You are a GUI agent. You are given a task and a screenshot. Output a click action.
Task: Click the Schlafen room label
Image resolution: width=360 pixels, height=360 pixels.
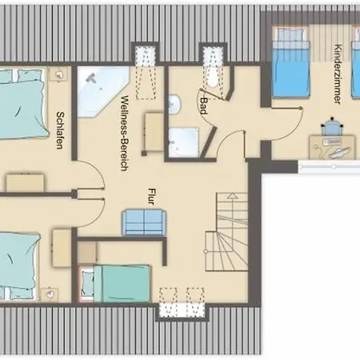pyautogui.click(x=61, y=130)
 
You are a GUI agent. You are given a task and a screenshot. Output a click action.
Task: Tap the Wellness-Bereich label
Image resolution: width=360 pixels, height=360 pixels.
pyautogui.click(x=125, y=133)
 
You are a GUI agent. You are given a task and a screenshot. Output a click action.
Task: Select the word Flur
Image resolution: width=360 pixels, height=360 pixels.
pyautogui.click(x=151, y=197)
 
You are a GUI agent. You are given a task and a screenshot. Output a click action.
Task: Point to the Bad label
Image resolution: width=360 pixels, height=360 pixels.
pyautogui.click(x=204, y=106)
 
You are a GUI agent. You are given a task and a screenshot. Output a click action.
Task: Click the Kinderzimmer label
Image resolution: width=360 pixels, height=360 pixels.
pyautogui.click(x=338, y=74)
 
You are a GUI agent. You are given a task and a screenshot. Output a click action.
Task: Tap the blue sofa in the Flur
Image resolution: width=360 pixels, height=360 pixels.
pyautogui.click(x=144, y=222)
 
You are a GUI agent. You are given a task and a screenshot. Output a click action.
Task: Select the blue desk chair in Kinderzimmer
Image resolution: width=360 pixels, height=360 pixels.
pyautogui.click(x=332, y=127)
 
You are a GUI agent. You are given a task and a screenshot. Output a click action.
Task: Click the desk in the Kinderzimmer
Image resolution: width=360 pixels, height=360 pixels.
pyautogui.click(x=332, y=147)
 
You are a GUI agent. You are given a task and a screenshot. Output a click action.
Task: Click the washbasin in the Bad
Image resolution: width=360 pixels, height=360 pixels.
pyautogui.click(x=174, y=104)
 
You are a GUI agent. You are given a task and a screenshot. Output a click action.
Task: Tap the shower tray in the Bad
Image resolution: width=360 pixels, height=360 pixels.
pyautogui.click(x=184, y=142)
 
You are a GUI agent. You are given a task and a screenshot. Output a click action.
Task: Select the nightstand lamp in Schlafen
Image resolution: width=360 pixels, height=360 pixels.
pyautogui.click(x=59, y=75)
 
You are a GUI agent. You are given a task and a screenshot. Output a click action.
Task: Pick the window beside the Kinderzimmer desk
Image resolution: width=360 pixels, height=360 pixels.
pyautogui.click(x=329, y=167)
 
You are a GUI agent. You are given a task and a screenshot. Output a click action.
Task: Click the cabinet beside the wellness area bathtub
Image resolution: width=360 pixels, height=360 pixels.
pyautogui.click(x=154, y=132)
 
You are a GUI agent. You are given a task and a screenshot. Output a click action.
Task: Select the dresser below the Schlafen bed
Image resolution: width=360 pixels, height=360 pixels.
pyautogui.click(x=26, y=182)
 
